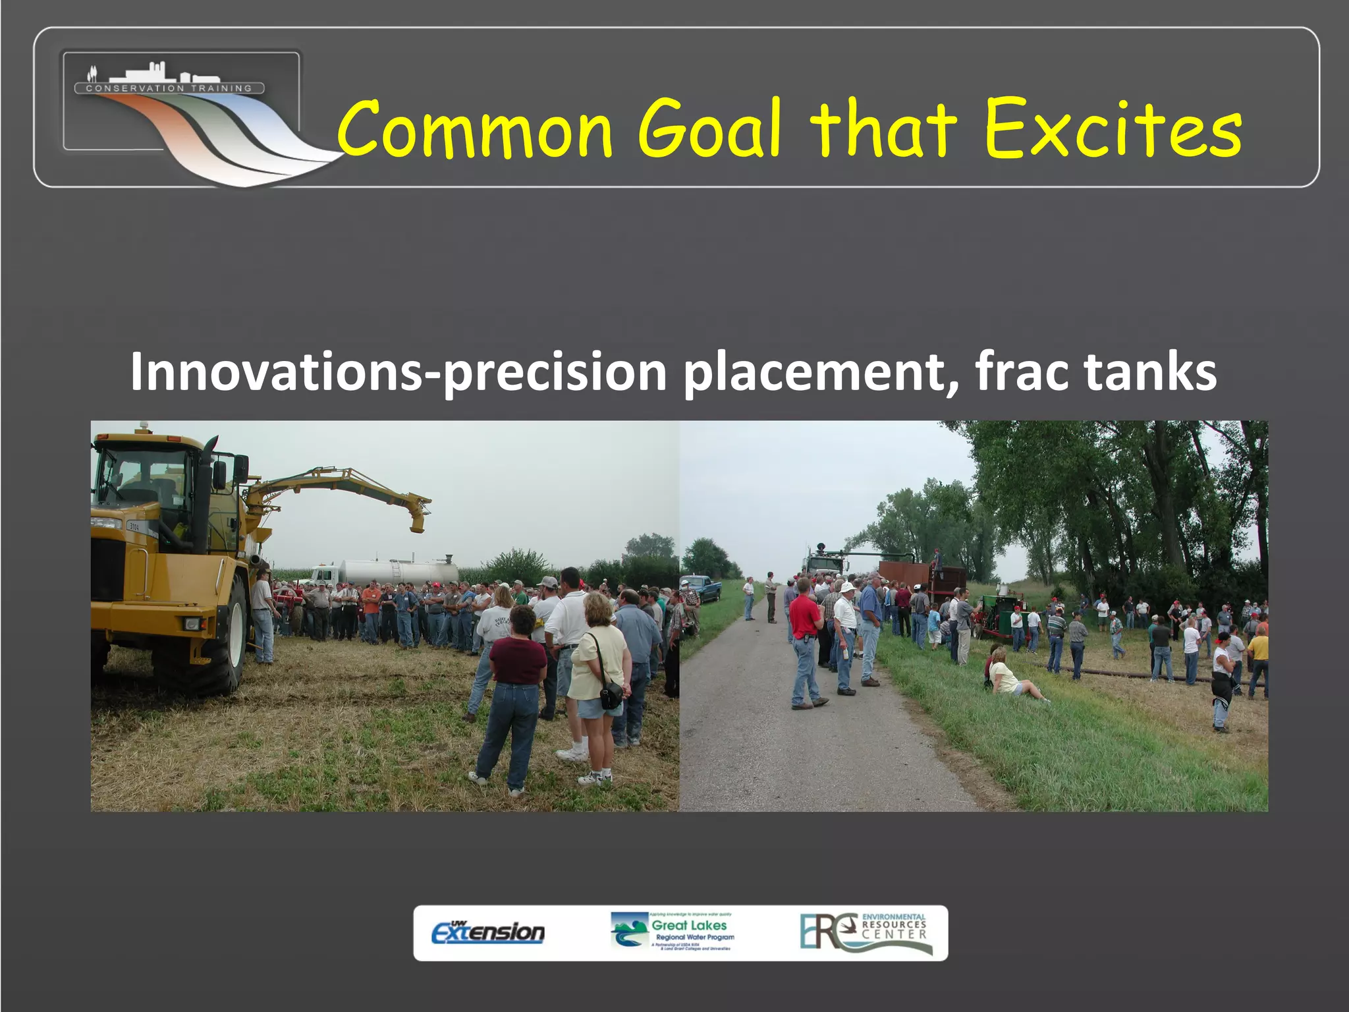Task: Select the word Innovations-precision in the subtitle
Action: coord(398,372)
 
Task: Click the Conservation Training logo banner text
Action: coord(169,88)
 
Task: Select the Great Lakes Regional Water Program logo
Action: coord(673,932)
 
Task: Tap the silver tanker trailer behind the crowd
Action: coord(399,572)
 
